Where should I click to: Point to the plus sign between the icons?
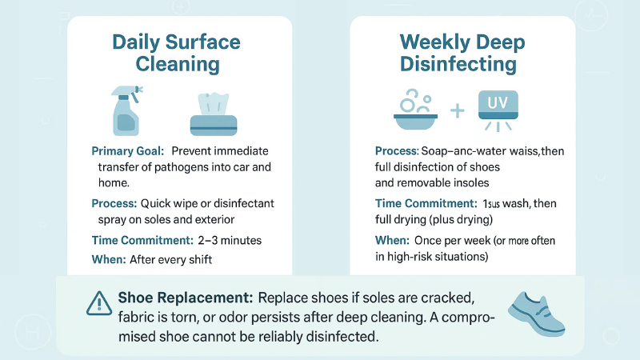[x=458, y=110]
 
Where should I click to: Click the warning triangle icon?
[x=98, y=302]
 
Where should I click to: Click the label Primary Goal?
[x=127, y=151]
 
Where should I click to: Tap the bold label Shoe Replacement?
[x=186, y=298]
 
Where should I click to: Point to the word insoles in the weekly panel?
[x=480, y=182]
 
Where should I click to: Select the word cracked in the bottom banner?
[x=461, y=298]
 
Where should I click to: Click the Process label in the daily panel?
[x=117, y=202]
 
